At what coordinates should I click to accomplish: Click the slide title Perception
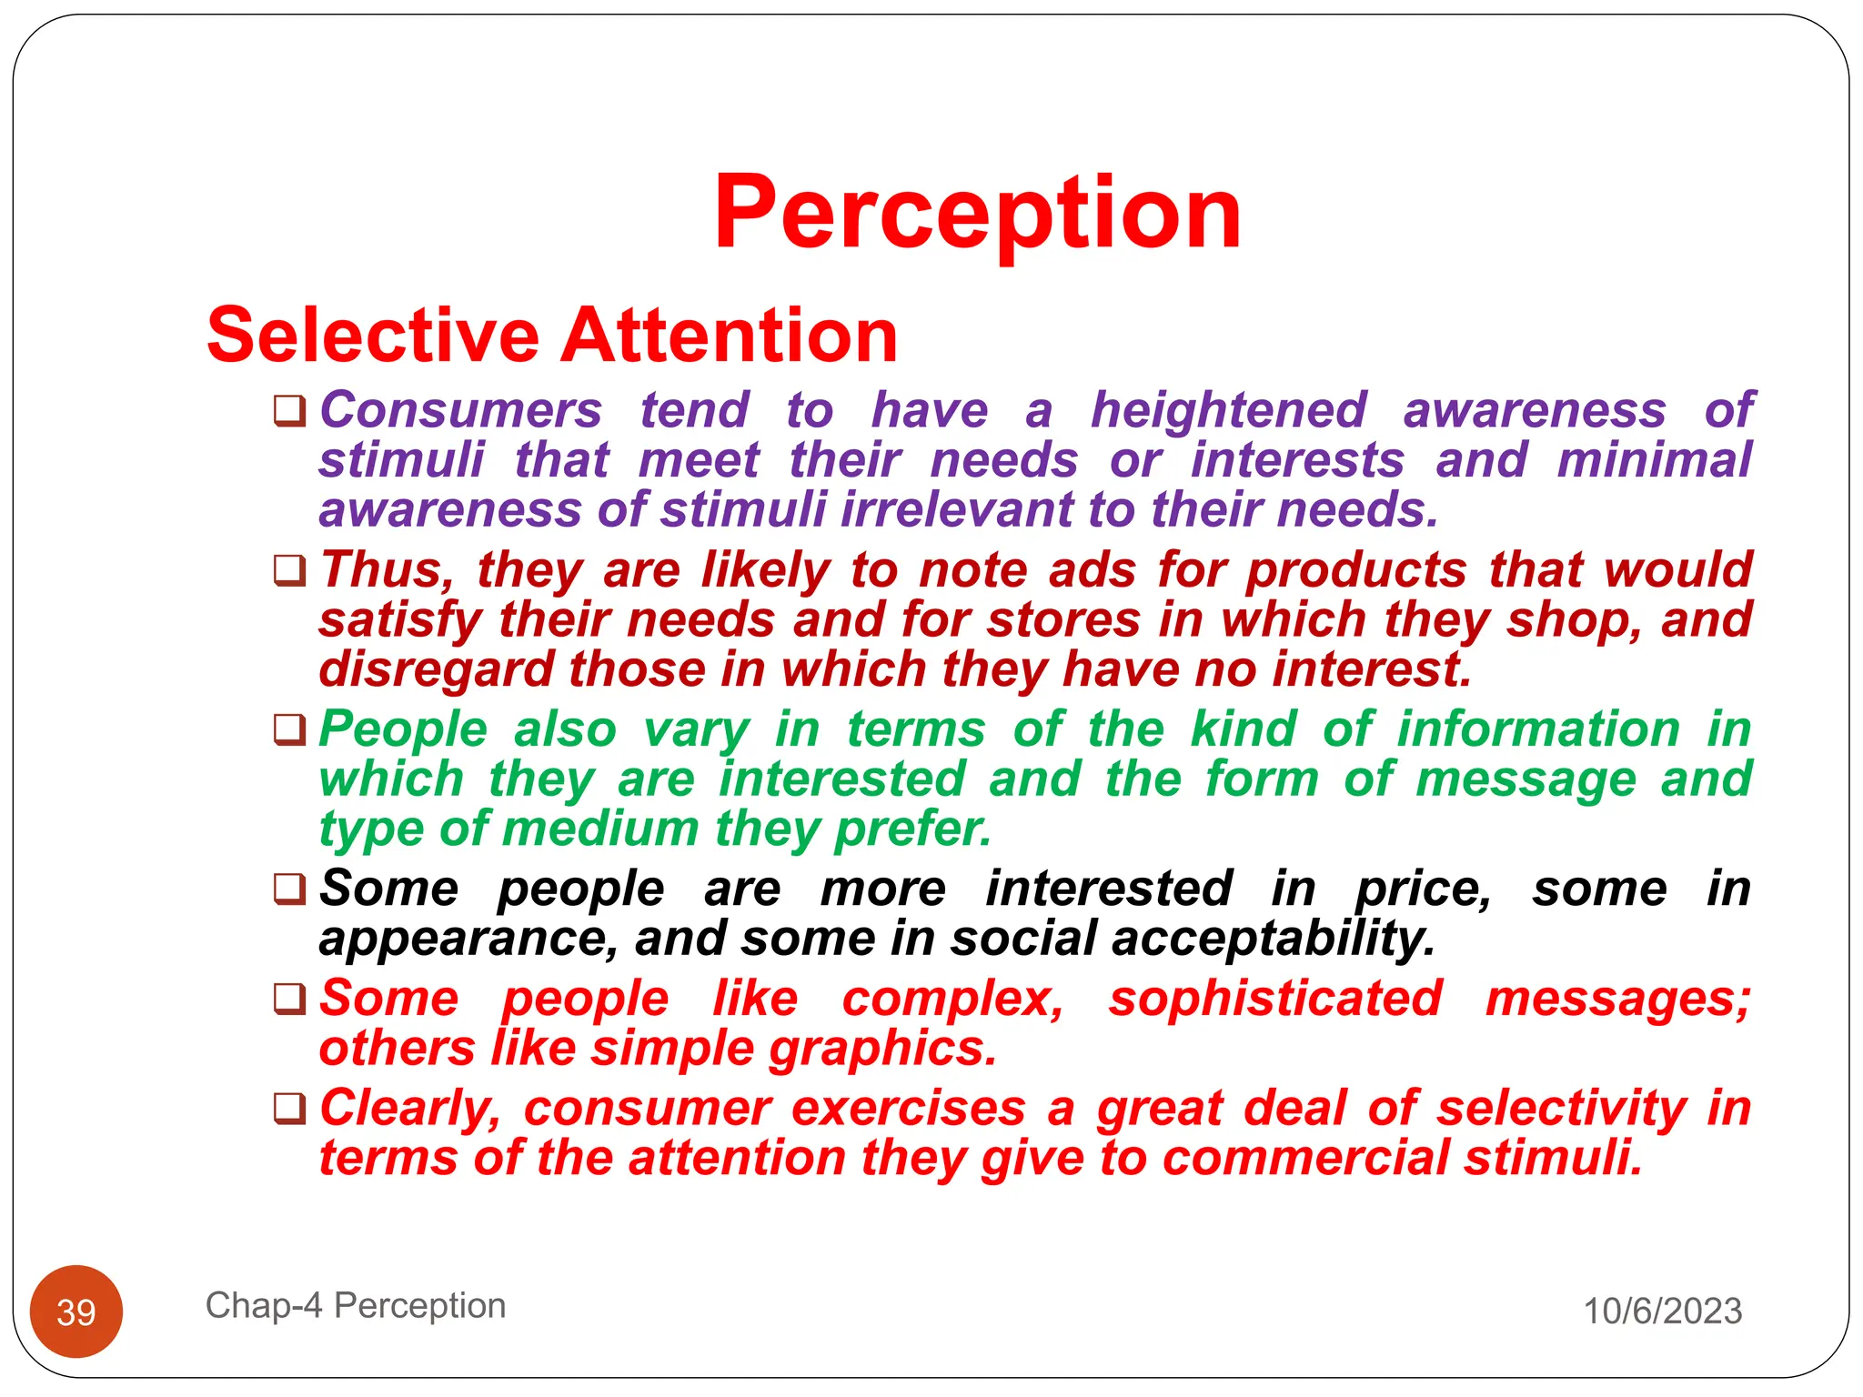click(977, 214)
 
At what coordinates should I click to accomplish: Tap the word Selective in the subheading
click(373, 336)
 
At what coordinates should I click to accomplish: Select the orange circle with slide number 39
click(76, 1311)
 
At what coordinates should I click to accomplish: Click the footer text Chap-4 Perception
click(355, 1305)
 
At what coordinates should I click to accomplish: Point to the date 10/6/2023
click(1662, 1311)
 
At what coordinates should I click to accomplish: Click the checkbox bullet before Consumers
click(289, 410)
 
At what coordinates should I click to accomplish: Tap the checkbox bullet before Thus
click(289, 571)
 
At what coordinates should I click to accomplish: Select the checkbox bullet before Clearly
click(289, 1109)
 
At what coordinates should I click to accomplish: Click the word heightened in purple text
click(1228, 410)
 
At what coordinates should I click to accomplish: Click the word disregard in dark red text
click(436, 670)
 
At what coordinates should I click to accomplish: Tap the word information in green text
click(1537, 729)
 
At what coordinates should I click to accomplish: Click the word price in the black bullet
click(1422, 889)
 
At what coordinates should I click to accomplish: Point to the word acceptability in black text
click(1273, 939)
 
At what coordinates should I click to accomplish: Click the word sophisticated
click(1275, 999)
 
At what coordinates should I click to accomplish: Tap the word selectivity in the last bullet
click(1562, 1109)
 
